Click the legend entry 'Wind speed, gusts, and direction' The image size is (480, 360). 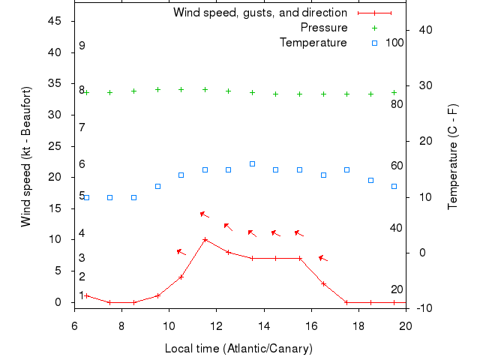click(259, 13)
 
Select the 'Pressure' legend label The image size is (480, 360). click(324, 28)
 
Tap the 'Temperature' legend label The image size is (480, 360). click(313, 43)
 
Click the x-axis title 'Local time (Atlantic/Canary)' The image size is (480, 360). click(238, 349)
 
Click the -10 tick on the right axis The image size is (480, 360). click(418, 308)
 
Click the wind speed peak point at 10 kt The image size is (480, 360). click(205, 240)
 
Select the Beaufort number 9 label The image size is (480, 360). click(82, 46)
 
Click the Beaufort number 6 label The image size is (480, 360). click(82, 164)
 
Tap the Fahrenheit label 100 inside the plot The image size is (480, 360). click(394, 43)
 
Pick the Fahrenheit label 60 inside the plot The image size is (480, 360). click(397, 166)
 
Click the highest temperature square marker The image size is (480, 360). click(252, 163)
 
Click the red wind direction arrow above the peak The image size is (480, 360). click(204, 214)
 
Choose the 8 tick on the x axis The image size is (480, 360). click(121, 326)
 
